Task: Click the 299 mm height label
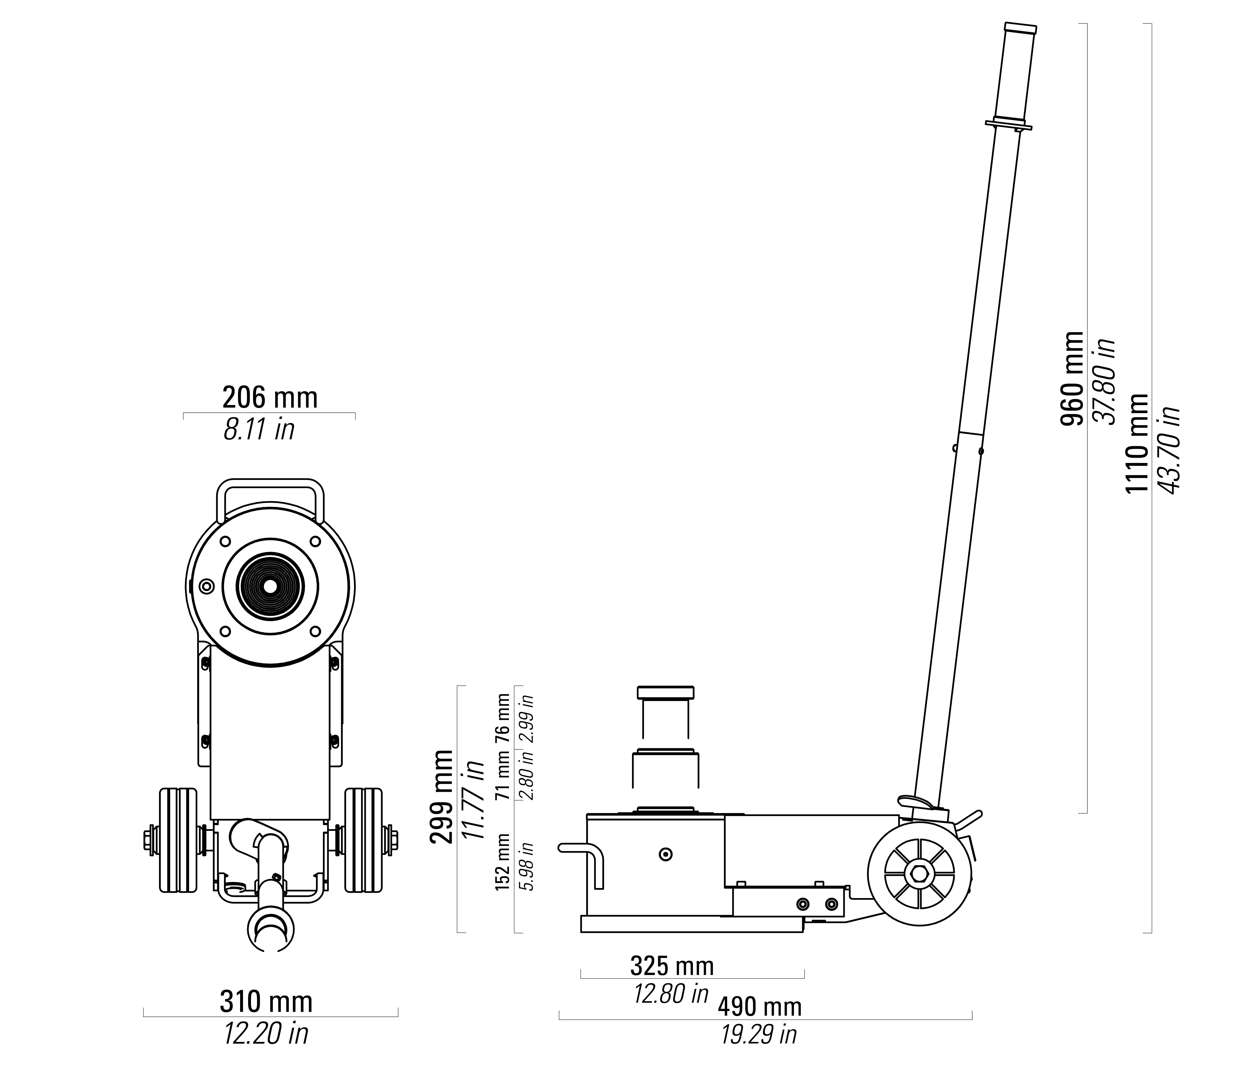tap(441, 796)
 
